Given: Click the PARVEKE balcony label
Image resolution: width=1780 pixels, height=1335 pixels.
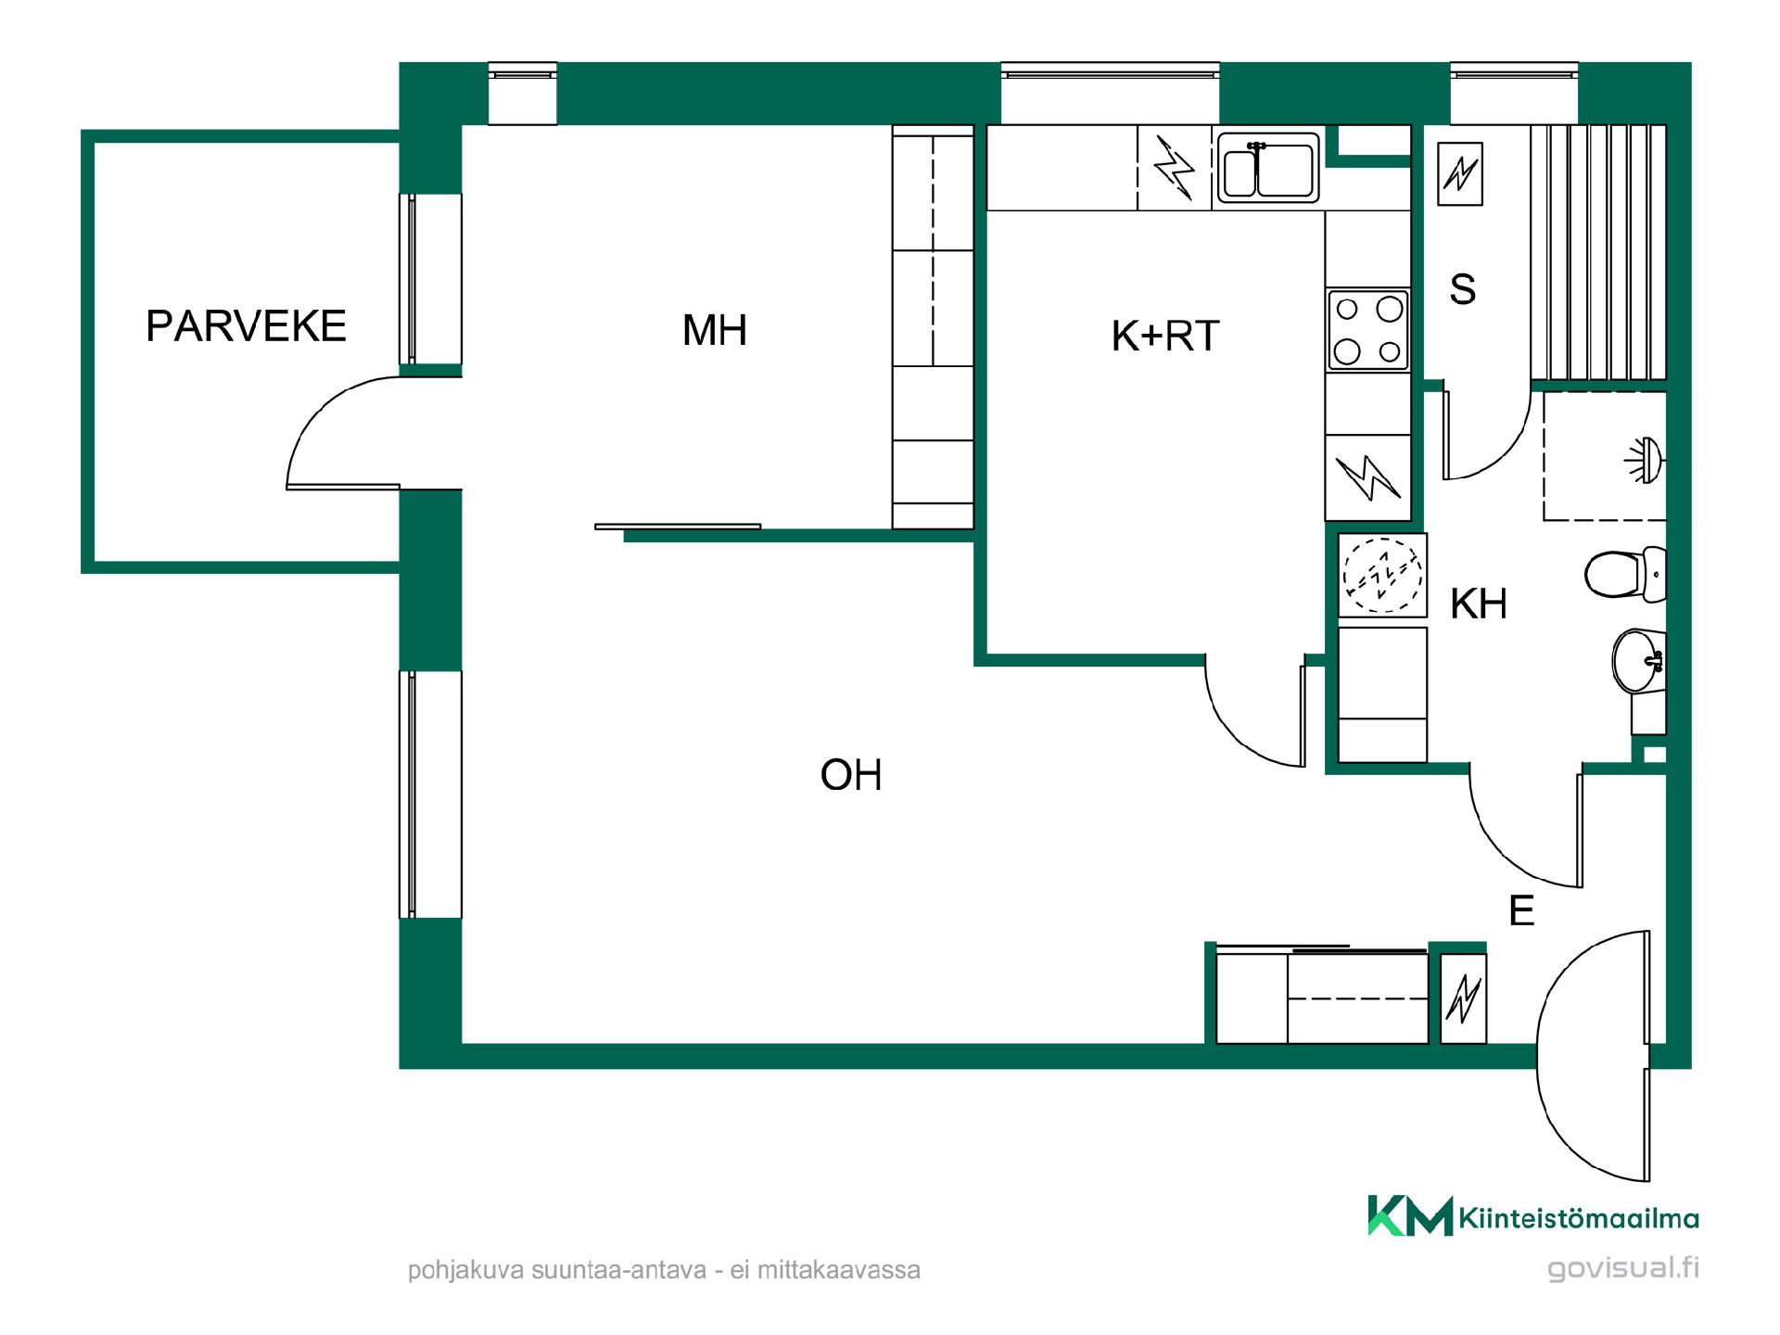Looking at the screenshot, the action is click(246, 325).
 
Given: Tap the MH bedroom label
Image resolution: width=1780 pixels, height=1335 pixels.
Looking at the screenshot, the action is click(715, 330).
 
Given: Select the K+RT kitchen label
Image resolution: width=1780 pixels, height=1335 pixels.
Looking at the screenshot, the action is click(1165, 337).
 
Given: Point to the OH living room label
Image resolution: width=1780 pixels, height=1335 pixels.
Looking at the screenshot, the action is click(851, 775).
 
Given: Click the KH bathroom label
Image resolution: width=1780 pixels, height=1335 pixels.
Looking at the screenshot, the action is click(1479, 604).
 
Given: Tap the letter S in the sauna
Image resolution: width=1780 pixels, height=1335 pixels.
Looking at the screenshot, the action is click(1463, 289).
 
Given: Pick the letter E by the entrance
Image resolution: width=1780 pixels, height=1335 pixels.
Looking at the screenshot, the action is click(1521, 911).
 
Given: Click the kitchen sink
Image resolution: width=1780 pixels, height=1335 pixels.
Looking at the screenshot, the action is click(1267, 168).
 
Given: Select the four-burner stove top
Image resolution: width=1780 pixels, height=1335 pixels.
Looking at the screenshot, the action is click(1368, 329).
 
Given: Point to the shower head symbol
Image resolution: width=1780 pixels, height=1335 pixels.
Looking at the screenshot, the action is click(1646, 459).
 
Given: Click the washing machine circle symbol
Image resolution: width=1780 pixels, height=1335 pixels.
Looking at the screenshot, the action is click(1382, 576).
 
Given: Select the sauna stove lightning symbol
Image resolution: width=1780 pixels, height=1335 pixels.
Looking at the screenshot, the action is click(1459, 173).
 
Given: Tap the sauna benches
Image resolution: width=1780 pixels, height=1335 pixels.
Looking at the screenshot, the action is click(1598, 251).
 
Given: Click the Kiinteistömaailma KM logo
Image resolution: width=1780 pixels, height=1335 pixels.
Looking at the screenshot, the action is click(1410, 1215).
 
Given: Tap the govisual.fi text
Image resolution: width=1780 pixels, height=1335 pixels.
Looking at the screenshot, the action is click(1622, 1268).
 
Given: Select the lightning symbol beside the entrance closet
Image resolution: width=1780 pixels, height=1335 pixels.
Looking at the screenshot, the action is click(1464, 998).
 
